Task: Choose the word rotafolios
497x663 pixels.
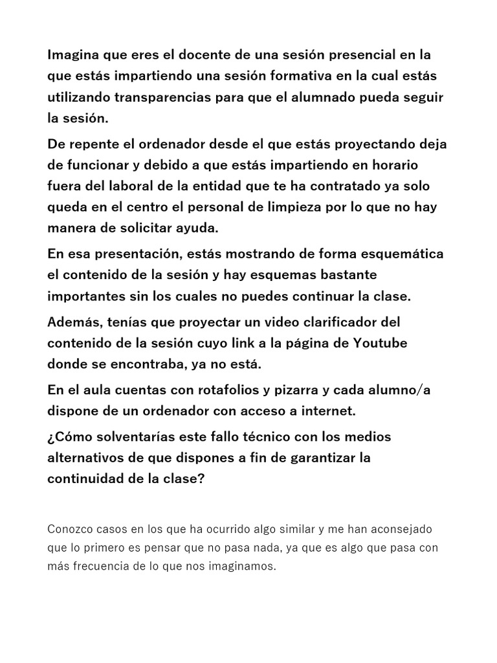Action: (188, 390)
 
